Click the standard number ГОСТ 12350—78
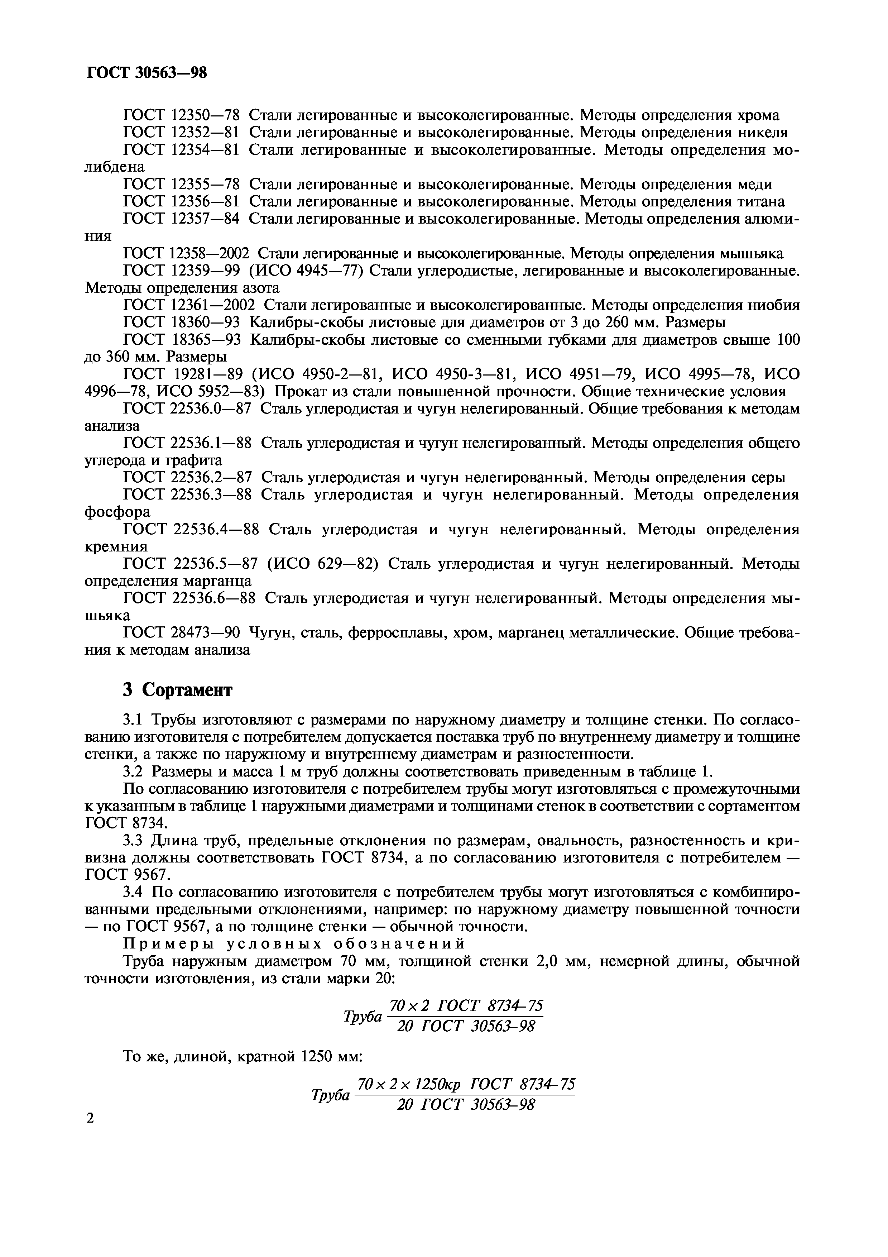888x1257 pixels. (x=182, y=115)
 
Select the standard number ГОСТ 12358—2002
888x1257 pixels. (x=187, y=253)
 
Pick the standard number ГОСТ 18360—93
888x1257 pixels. (x=182, y=322)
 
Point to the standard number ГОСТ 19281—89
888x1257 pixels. (x=182, y=374)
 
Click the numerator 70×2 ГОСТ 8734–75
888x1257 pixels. (x=466, y=1006)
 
